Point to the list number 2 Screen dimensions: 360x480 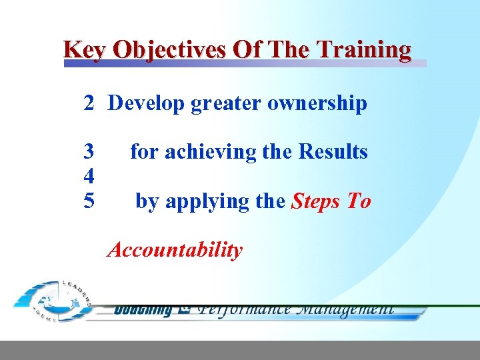(89, 103)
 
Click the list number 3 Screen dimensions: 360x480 (89, 152)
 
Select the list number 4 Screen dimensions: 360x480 (89, 177)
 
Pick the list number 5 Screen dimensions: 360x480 (89, 201)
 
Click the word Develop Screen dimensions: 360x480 (145, 103)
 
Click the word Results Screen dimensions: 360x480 (333, 152)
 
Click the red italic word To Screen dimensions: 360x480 (359, 201)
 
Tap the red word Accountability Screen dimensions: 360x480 (175, 251)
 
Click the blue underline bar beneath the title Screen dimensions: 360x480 (245, 64)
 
